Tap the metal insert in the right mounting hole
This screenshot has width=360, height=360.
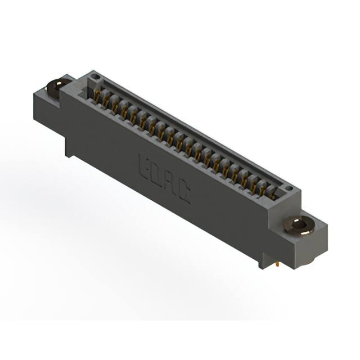(x=299, y=226)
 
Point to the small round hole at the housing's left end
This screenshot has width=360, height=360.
(x=96, y=76)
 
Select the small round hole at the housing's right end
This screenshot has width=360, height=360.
(x=289, y=188)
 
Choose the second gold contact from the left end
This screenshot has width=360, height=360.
(x=106, y=101)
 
